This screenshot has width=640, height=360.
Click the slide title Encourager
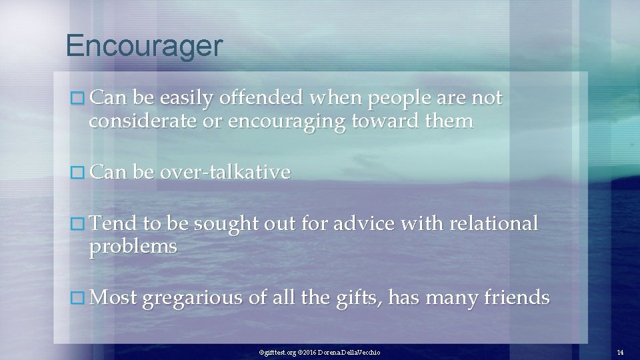click(144, 46)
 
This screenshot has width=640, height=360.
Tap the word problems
click(133, 247)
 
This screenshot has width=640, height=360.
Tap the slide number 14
click(619, 351)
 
